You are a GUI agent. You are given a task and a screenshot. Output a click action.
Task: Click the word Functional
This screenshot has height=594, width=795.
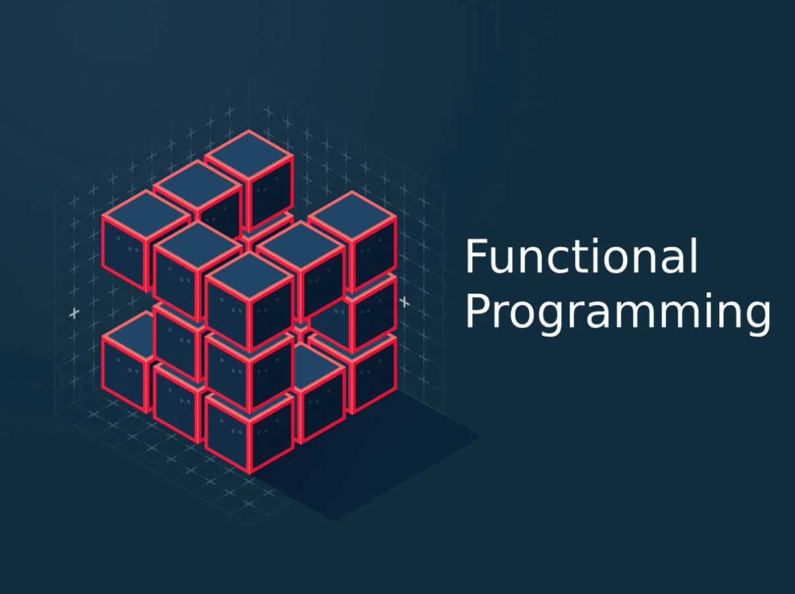[581, 257]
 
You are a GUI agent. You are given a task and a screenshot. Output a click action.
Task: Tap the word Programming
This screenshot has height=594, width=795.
[617, 311]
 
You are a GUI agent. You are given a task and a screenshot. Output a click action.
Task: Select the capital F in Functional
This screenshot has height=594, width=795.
[476, 257]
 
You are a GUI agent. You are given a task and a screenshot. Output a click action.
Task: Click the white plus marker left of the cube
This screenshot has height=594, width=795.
[74, 313]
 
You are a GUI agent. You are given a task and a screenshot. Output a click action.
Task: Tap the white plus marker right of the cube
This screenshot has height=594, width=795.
[404, 302]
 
